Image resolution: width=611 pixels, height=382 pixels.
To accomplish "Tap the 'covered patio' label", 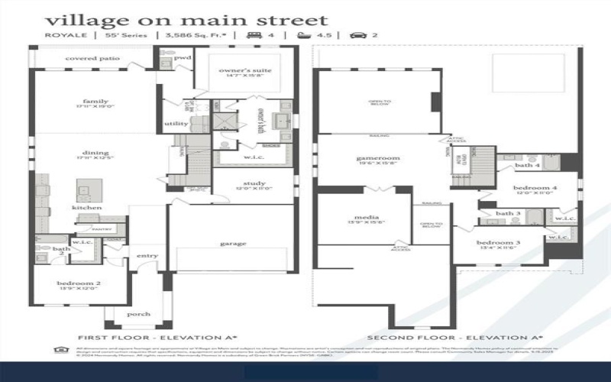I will click(92, 58).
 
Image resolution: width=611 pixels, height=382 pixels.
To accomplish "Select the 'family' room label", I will click(95, 101).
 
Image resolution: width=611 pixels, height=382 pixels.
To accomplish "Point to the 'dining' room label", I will click(95, 153).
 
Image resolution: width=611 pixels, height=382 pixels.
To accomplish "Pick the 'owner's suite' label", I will click(245, 70).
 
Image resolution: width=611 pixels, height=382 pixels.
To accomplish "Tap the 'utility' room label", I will click(176, 124).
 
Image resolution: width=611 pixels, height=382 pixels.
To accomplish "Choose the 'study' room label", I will click(254, 183).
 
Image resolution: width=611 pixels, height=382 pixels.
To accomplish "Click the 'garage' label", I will click(233, 244).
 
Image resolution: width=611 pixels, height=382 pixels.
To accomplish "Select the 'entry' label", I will click(147, 256).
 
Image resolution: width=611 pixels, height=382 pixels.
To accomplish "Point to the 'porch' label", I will click(138, 314).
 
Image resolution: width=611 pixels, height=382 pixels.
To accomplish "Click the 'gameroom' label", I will click(378, 158).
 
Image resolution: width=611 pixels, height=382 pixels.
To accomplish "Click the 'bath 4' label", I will click(527, 165).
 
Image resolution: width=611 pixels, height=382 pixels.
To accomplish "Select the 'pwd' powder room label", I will click(183, 57).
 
